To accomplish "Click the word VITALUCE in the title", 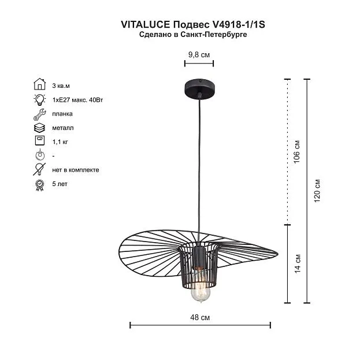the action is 146,24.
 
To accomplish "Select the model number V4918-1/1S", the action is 237,24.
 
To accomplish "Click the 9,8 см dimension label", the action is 199,55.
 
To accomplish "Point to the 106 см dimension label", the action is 297,151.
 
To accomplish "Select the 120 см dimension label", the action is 317,191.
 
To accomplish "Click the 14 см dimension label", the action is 298,263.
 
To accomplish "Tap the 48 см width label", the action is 200,317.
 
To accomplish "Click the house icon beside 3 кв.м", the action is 40,84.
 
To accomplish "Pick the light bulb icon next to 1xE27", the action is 40,99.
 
